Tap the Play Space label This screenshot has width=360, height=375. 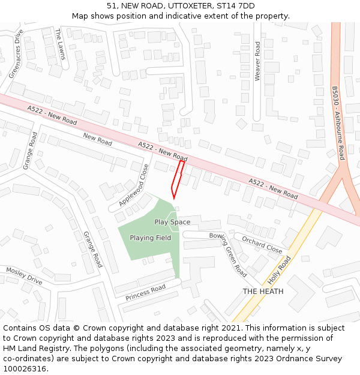pyautogui.click(x=172, y=222)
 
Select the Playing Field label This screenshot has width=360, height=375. pyautogui.click(x=151, y=238)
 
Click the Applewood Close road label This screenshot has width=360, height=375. pyautogui.click(x=134, y=185)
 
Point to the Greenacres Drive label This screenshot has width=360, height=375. pyautogui.click(x=16, y=53)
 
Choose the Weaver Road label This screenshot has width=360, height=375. pyautogui.click(x=257, y=61)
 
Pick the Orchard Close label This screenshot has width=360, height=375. pyautogui.click(x=262, y=244)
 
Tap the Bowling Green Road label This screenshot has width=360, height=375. pyautogui.click(x=228, y=254)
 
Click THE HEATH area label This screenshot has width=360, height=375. pyautogui.click(x=263, y=292)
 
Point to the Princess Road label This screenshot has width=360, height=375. pyautogui.click(x=145, y=293)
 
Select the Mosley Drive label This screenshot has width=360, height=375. pyautogui.click(x=24, y=275)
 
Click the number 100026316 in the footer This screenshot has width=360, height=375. pyautogui.click(x=25, y=368)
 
